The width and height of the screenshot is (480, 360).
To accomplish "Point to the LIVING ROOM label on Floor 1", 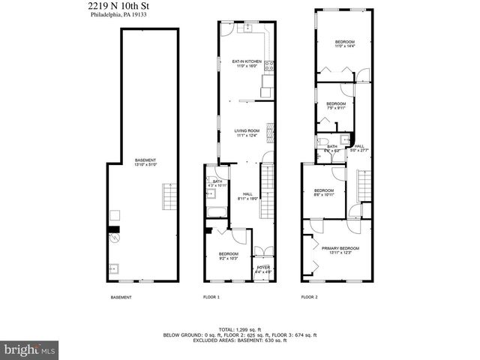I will pos(247,133).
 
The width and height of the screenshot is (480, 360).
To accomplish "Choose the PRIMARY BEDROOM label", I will pos(340,250).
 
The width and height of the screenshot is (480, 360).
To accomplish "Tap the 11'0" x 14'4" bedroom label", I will pos(344,44).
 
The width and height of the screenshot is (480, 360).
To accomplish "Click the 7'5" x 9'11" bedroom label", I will pos(335,106).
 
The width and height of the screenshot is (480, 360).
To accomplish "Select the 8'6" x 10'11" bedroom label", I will pos(323,193).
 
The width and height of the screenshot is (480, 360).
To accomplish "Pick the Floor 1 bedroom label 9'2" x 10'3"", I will pos(229,256).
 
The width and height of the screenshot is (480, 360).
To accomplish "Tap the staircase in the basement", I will pos(169,198).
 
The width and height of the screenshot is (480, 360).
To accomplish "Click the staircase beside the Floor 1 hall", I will pos(268,181).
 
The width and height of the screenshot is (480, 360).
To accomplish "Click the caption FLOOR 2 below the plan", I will pos(309,298).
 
